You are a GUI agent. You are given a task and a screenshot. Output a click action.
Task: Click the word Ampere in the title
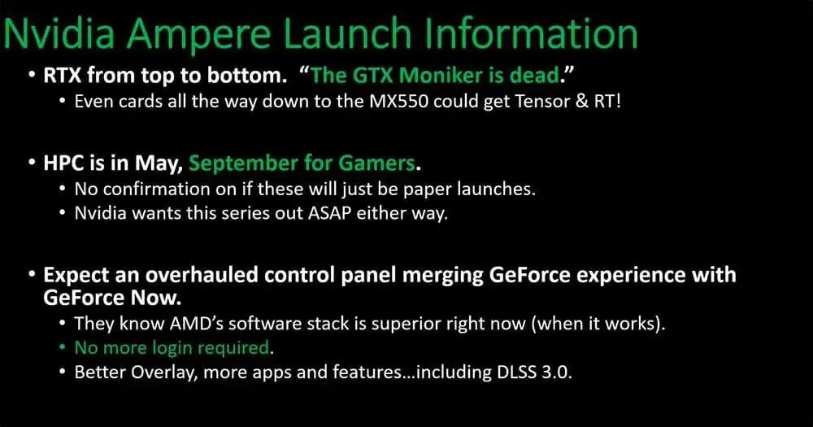click(x=198, y=34)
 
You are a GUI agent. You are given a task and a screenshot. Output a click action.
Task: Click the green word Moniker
click(x=441, y=76)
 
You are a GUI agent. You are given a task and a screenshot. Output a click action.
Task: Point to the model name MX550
click(x=398, y=101)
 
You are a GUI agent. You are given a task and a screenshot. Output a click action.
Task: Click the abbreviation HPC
click(x=64, y=163)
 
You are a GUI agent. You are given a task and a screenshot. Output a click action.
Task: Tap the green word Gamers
click(x=377, y=163)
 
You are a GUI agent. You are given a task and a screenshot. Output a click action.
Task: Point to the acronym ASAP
click(x=330, y=213)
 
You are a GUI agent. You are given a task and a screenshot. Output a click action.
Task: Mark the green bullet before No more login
click(x=63, y=347)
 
